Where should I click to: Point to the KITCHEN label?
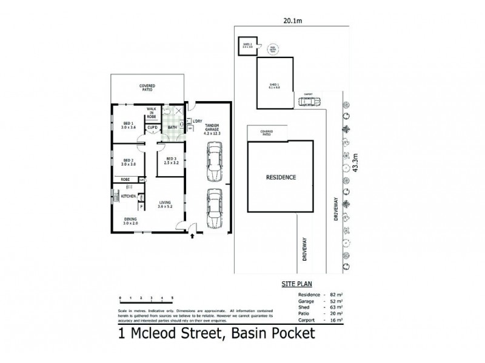pos(127,197)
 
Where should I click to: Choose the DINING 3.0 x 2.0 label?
pos(131,221)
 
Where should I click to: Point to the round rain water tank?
pos(273,47)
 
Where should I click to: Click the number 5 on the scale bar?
pos(172,298)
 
